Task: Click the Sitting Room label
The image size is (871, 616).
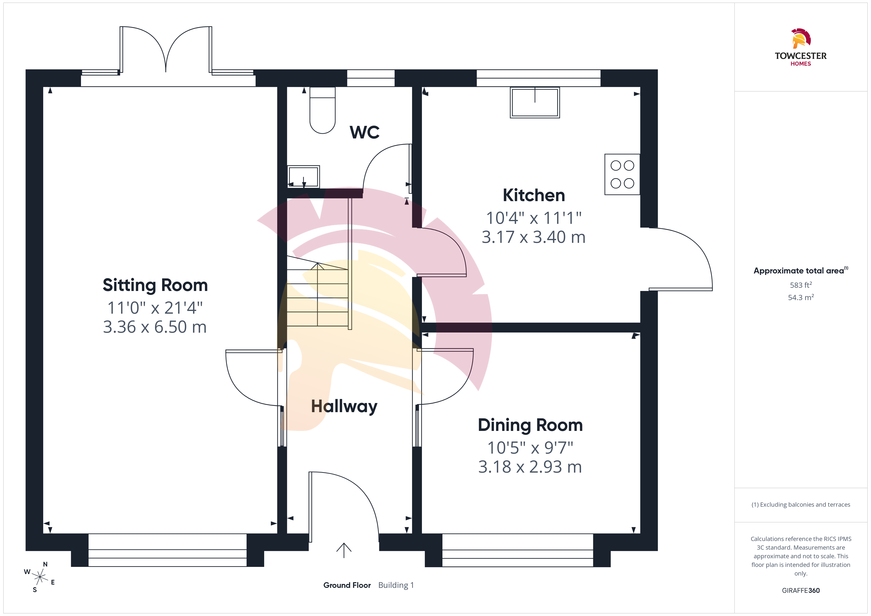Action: tap(155, 285)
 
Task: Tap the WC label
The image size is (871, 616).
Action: tap(365, 132)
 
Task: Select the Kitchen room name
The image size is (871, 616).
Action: tap(534, 195)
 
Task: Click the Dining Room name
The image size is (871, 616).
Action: tap(530, 425)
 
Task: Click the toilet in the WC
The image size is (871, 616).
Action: tap(322, 110)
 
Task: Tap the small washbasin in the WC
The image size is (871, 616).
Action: tap(303, 177)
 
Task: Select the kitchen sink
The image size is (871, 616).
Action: tap(535, 102)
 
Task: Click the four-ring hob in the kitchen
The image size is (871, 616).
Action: tap(622, 174)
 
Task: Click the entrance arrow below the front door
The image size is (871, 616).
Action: tap(344, 550)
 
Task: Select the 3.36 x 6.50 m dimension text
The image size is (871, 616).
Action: tap(155, 327)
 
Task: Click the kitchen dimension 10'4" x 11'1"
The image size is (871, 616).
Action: tap(534, 218)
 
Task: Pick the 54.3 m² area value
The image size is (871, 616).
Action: tap(801, 297)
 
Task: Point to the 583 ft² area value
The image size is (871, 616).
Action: tap(801, 285)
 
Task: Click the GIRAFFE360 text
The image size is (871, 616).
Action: tap(801, 591)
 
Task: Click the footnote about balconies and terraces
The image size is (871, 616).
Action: tap(801, 505)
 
